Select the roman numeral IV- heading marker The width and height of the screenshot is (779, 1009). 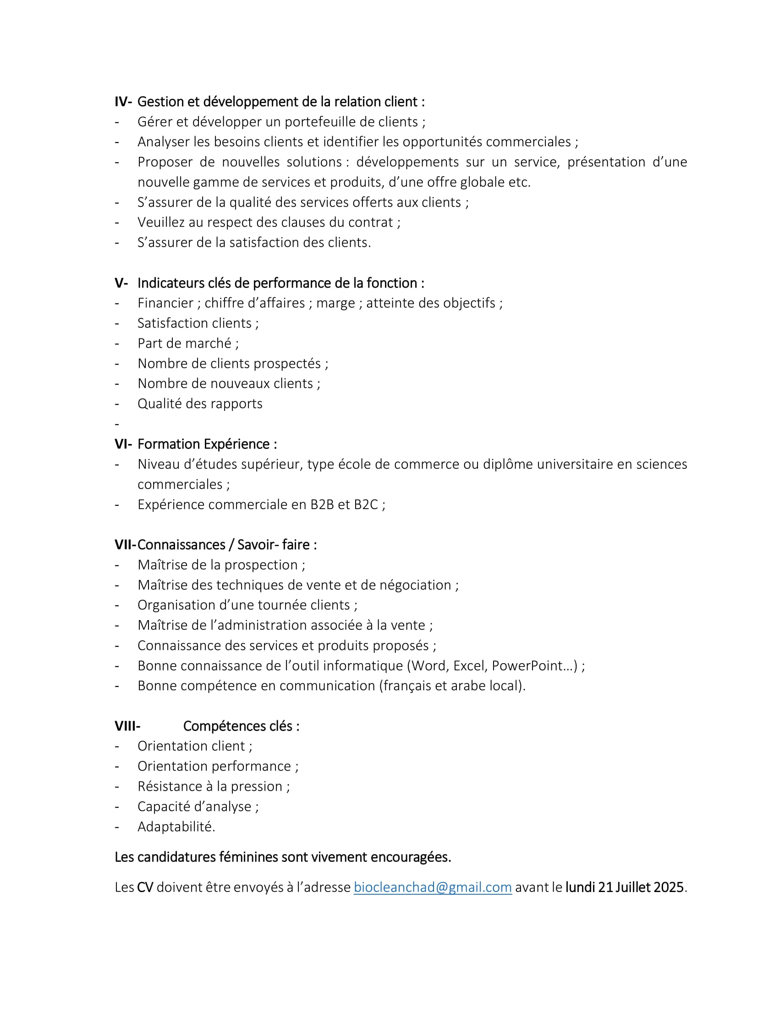(x=123, y=102)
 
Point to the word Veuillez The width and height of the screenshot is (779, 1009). (x=164, y=223)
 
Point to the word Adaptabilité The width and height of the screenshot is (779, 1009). (x=176, y=827)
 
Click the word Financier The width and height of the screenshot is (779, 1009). (x=165, y=303)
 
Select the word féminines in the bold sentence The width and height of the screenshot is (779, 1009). (x=248, y=858)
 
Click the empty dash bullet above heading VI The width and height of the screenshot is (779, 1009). (x=117, y=424)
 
